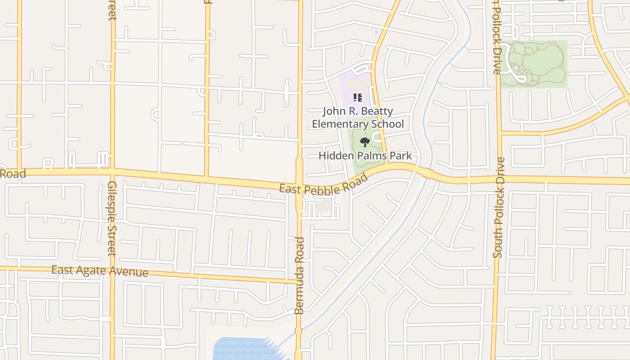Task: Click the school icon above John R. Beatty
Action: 358,97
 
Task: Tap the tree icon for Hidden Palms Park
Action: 364,142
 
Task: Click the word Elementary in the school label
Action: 341,124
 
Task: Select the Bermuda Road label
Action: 300,276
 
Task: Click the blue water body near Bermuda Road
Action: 243,348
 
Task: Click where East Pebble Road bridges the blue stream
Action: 428,173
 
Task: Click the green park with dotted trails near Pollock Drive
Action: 534,64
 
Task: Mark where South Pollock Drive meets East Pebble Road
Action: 498,179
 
